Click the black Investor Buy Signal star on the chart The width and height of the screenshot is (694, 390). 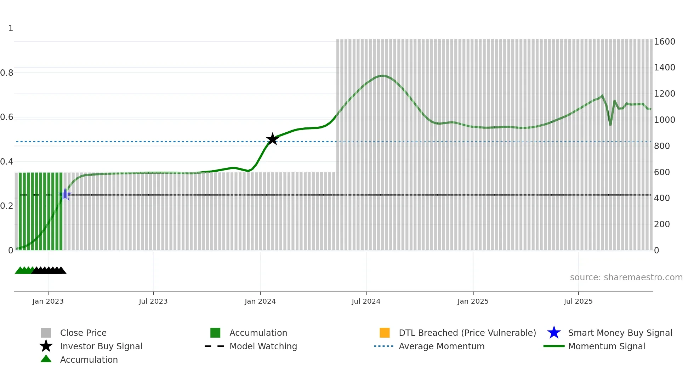coord(272,139)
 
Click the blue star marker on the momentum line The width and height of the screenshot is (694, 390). coord(65,194)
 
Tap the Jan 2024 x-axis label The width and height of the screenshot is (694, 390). coord(260,301)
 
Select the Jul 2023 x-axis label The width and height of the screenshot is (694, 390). coord(153,301)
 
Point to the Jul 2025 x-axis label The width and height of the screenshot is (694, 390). coord(578,301)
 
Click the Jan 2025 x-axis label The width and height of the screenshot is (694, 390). coord(473,301)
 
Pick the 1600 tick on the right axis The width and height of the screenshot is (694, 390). coord(664,42)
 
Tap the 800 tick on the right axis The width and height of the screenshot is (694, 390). coord(662,146)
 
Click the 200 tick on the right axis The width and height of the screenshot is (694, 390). coord(662,224)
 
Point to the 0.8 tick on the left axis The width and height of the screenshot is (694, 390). coord(7,73)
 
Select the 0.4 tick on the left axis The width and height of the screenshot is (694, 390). coord(7,162)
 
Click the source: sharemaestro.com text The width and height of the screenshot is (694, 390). coord(626,277)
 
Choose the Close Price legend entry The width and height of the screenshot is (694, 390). coord(83,333)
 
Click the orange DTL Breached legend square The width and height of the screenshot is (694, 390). coord(385,333)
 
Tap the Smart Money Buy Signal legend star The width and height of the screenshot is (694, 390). coord(554,333)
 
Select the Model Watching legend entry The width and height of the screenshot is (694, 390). coord(263,346)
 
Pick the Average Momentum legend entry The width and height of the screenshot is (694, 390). coord(442,346)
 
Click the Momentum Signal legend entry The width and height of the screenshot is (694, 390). coord(607,346)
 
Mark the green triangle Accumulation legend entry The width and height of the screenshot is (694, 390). coord(46,359)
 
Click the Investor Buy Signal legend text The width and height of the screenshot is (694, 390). coord(101,346)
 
